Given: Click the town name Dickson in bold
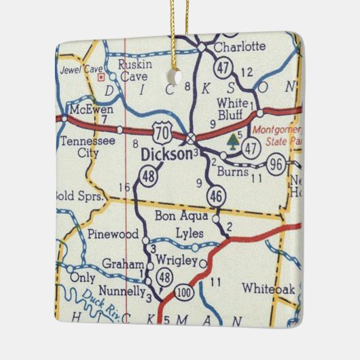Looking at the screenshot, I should [x=166, y=155].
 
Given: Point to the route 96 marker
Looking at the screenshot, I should [x=276, y=165].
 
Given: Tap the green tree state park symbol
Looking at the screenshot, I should [x=233, y=141].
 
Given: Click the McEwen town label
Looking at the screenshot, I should [x=86, y=109].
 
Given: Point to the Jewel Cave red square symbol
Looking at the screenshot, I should [x=102, y=77].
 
